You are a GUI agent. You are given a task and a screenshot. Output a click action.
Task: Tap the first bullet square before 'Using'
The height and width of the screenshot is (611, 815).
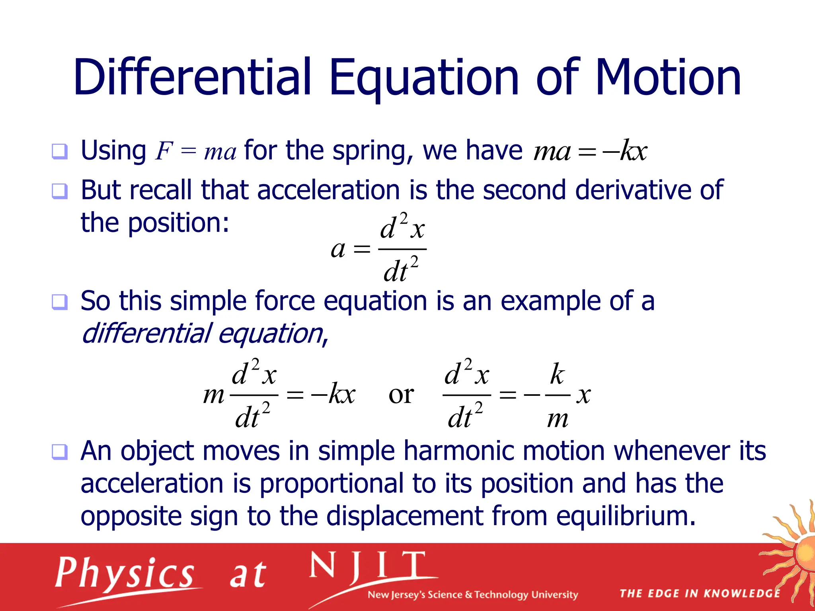pyautogui.click(x=60, y=152)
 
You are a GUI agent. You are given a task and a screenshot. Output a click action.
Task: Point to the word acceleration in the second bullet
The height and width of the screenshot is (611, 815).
pyautogui.click(x=328, y=190)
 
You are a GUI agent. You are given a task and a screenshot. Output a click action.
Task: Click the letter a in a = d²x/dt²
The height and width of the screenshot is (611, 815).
pyautogui.click(x=338, y=250)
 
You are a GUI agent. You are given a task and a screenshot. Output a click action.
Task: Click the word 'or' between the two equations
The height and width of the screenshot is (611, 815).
pyautogui.click(x=401, y=395)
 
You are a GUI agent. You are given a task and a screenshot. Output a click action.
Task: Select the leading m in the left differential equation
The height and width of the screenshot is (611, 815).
pyautogui.click(x=214, y=395)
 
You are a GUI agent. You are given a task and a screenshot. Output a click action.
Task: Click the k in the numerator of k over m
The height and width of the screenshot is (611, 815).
pyautogui.click(x=557, y=374)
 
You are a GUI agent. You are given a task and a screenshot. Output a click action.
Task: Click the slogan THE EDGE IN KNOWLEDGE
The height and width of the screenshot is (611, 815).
pyautogui.click(x=700, y=593)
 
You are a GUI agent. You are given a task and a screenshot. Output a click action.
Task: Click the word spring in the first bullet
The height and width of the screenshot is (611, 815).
pyautogui.click(x=372, y=152)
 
